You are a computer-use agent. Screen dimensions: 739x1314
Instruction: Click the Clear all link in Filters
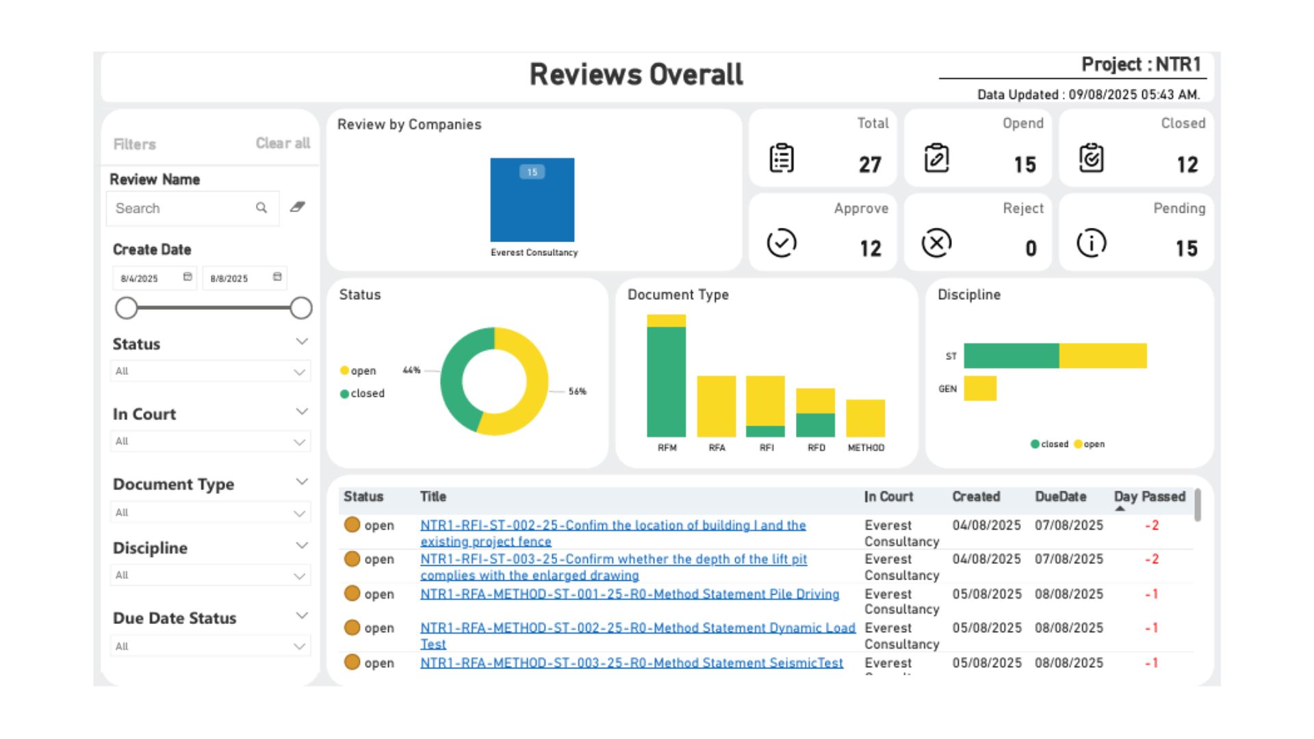(283, 143)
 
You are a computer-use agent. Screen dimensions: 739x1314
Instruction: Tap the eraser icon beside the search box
(297, 207)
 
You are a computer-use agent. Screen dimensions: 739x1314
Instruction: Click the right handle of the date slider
(301, 308)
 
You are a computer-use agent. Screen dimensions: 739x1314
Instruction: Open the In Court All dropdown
(210, 441)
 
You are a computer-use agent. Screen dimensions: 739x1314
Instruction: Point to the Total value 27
(870, 164)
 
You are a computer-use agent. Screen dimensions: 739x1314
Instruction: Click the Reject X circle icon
(936, 243)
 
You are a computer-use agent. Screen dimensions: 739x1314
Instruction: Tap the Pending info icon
(1091, 243)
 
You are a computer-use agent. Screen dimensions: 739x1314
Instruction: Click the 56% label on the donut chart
(577, 391)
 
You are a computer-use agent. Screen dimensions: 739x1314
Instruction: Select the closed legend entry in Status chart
(362, 393)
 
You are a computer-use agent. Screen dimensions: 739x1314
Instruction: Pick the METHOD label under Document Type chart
(866, 448)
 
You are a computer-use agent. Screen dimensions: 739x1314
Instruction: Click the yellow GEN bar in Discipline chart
(980, 388)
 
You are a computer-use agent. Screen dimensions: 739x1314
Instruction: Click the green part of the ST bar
(1011, 356)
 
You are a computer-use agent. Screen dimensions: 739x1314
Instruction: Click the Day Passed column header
(1149, 497)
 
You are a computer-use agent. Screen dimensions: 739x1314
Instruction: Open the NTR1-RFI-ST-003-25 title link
(613, 559)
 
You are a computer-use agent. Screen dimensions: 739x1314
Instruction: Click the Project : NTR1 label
(1141, 64)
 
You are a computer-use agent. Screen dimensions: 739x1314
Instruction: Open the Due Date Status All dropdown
(210, 646)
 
